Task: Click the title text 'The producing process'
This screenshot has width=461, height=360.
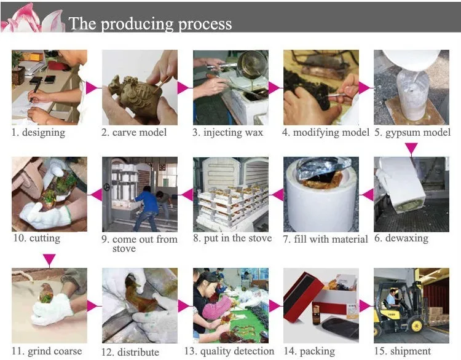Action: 150,23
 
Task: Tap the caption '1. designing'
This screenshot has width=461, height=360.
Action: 38,132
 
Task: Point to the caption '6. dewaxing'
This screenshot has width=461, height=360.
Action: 405,238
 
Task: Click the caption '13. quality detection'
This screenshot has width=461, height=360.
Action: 229,351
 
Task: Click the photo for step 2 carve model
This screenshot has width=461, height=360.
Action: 140,87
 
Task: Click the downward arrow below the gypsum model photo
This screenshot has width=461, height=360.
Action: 411,147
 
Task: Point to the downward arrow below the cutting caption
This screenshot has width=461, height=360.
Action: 49,260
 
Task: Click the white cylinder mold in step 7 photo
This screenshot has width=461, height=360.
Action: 318,203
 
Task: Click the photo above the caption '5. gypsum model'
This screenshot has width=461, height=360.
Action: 411,87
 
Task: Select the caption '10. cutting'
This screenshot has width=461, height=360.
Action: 36,238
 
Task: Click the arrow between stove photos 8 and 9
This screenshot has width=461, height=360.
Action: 185,195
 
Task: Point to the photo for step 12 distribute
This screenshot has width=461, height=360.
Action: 140,305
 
